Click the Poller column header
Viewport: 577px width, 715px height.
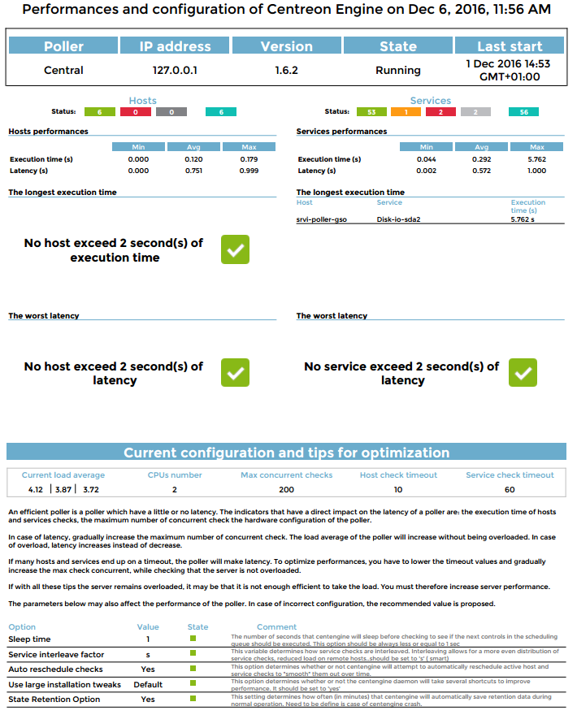(63, 46)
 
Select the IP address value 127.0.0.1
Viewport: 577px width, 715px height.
(175, 71)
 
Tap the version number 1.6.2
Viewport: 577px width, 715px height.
(286, 71)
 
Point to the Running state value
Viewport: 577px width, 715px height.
(397, 71)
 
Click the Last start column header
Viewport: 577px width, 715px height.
(510, 46)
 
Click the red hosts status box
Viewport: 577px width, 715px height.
(136, 111)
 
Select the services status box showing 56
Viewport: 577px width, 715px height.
(523, 111)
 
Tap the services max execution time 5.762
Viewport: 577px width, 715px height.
(536, 159)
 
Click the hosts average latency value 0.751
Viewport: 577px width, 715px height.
(193, 171)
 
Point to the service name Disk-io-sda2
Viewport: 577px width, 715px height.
(398, 219)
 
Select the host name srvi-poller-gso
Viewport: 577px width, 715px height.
(322, 219)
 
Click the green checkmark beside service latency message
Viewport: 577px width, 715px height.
(523, 372)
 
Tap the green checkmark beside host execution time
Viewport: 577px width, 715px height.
(235, 249)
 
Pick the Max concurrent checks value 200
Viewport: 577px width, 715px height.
(286, 490)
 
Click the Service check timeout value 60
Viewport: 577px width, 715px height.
(510, 490)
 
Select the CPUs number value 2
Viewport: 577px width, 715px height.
(175, 490)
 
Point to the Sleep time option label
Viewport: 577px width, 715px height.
(29, 639)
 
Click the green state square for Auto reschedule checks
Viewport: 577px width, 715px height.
(193, 669)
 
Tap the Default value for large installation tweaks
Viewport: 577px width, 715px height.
(148, 684)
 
